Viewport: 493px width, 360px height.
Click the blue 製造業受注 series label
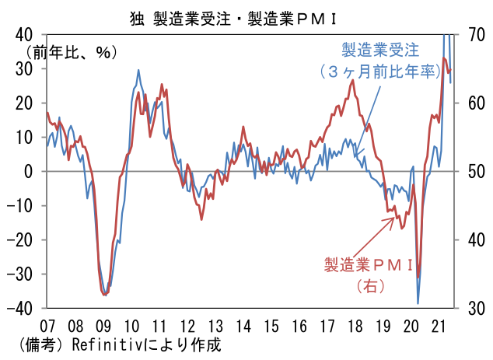(380, 51)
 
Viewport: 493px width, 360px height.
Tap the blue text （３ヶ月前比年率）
(380, 72)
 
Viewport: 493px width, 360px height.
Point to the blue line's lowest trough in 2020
(418, 303)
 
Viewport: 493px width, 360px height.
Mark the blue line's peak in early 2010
(138, 70)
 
